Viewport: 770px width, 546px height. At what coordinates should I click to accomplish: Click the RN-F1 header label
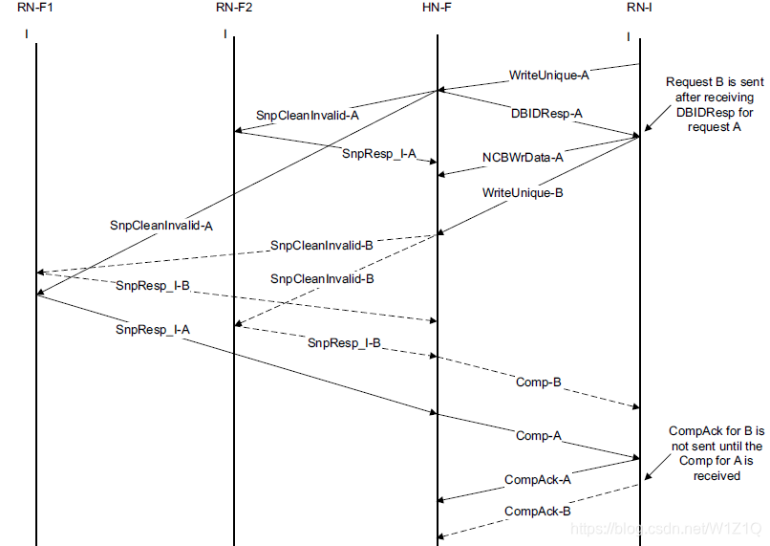click(36, 9)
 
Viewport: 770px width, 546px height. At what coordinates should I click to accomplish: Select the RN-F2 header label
click(234, 9)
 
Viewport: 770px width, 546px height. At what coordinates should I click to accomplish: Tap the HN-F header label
click(437, 9)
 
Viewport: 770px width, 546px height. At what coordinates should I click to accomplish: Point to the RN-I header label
click(638, 9)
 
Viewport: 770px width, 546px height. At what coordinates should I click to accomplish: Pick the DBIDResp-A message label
click(546, 113)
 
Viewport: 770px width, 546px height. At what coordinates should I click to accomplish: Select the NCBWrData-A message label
click(523, 157)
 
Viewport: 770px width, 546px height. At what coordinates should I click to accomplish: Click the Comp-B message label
click(537, 382)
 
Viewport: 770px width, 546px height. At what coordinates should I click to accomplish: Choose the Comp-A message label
click(537, 436)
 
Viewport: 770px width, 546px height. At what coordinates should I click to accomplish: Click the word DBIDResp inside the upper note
click(703, 112)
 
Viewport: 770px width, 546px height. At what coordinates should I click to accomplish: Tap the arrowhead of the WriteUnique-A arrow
click(442, 90)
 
